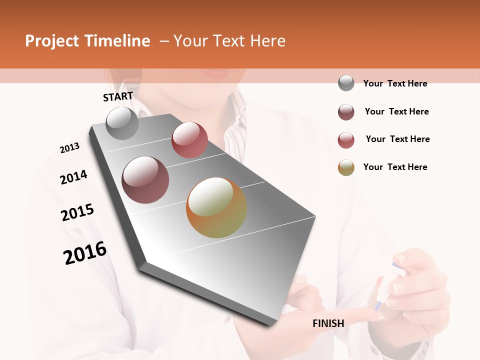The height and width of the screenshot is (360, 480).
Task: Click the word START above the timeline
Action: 118,96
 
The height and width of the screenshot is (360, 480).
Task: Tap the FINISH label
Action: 328,323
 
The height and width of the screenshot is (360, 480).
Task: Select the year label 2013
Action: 69,148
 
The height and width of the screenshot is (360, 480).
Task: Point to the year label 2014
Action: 73,177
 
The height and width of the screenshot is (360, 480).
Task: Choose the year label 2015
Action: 77,212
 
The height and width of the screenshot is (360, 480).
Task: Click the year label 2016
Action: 85,252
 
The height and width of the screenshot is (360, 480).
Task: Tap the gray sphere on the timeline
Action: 122,123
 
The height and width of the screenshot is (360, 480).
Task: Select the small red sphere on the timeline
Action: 189,140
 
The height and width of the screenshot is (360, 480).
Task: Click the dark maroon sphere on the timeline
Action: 145,180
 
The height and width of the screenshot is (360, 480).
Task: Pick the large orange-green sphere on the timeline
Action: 216,207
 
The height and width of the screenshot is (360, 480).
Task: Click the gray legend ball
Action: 346,83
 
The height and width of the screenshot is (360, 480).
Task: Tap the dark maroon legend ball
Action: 346,112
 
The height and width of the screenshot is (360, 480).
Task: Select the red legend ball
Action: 346,140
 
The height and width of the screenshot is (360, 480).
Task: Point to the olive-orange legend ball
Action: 346,167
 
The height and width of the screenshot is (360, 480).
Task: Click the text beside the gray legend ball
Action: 395,83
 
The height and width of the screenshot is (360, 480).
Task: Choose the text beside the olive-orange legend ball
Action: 395,167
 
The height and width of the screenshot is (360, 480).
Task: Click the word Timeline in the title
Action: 119,41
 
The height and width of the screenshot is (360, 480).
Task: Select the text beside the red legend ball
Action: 397,139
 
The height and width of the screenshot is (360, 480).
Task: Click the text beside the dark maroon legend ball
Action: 396,111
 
